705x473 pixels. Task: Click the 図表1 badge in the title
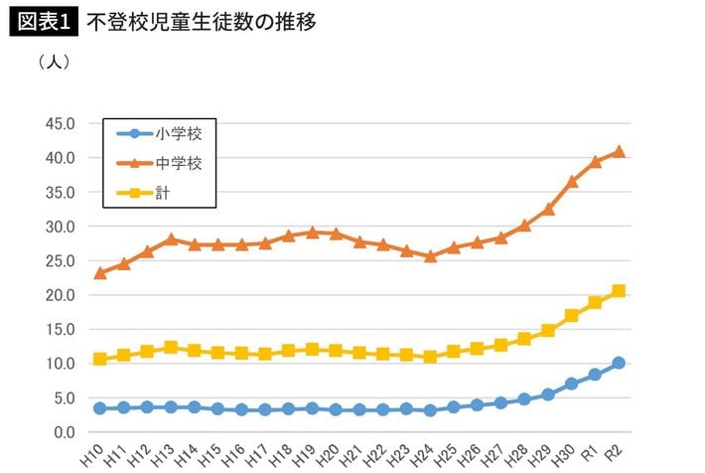tap(45, 21)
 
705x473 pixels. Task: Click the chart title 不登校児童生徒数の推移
tap(201, 21)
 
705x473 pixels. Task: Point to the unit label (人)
tap(53, 62)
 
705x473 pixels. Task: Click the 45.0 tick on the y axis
tap(61, 123)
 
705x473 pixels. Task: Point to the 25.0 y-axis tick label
tap(61, 260)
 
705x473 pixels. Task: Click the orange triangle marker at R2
tap(619, 151)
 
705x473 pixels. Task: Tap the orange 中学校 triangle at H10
tap(99, 272)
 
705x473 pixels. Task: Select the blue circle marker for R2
tap(619, 363)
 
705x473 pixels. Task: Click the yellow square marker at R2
tap(619, 290)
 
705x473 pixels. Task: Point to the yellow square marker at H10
tap(99, 359)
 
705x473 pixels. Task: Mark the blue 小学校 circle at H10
tap(99, 408)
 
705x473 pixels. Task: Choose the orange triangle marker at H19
tap(312, 233)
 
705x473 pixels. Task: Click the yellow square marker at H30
tap(572, 315)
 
